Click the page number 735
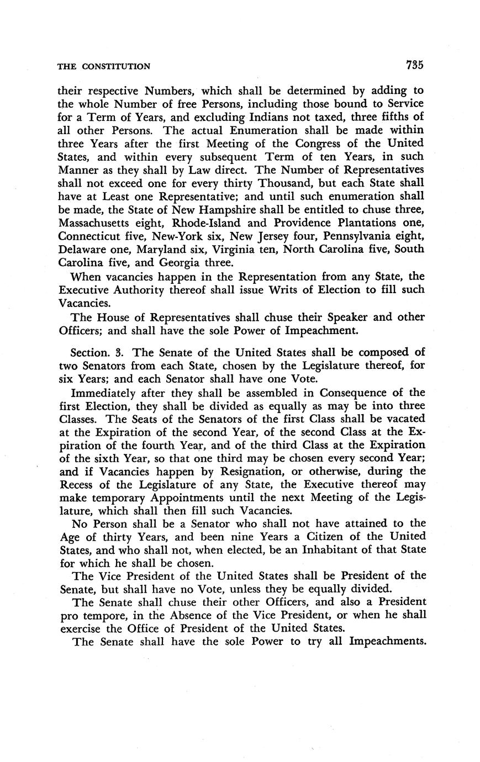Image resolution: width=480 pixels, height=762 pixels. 414,65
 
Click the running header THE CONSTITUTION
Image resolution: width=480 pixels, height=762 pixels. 104,66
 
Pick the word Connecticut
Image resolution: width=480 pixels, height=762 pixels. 91,236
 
